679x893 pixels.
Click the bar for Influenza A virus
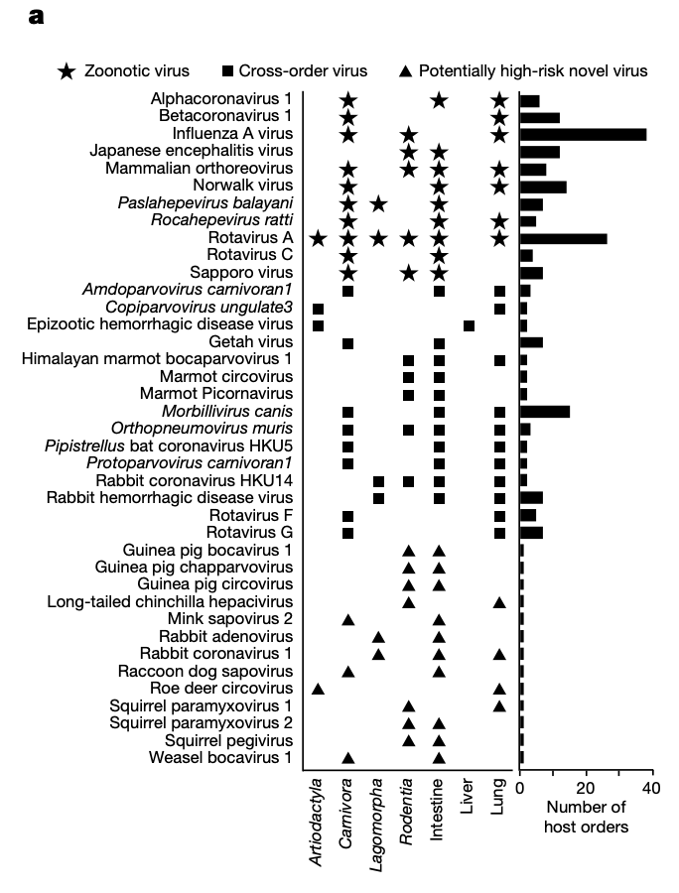click(x=583, y=134)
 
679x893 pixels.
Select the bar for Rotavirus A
click(x=563, y=238)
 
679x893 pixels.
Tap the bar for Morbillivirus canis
click(x=544, y=412)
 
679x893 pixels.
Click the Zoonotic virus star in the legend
click(x=68, y=71)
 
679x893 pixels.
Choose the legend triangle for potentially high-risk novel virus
click(x=405, y=71)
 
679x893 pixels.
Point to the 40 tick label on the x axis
click(x=650, y=789)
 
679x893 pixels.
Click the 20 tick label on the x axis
click(x=586, y=789)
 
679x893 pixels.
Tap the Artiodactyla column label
click(x=317, y=823)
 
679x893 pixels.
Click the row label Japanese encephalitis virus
click(x=191, y=151)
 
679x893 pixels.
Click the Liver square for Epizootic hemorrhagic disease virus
click(x=469, y=325)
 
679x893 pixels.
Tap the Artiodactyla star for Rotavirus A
click(x=318, y=238)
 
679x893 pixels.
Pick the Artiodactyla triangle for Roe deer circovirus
click(x=318, y=689)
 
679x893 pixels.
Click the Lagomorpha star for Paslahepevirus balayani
click(x=378, y=203)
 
